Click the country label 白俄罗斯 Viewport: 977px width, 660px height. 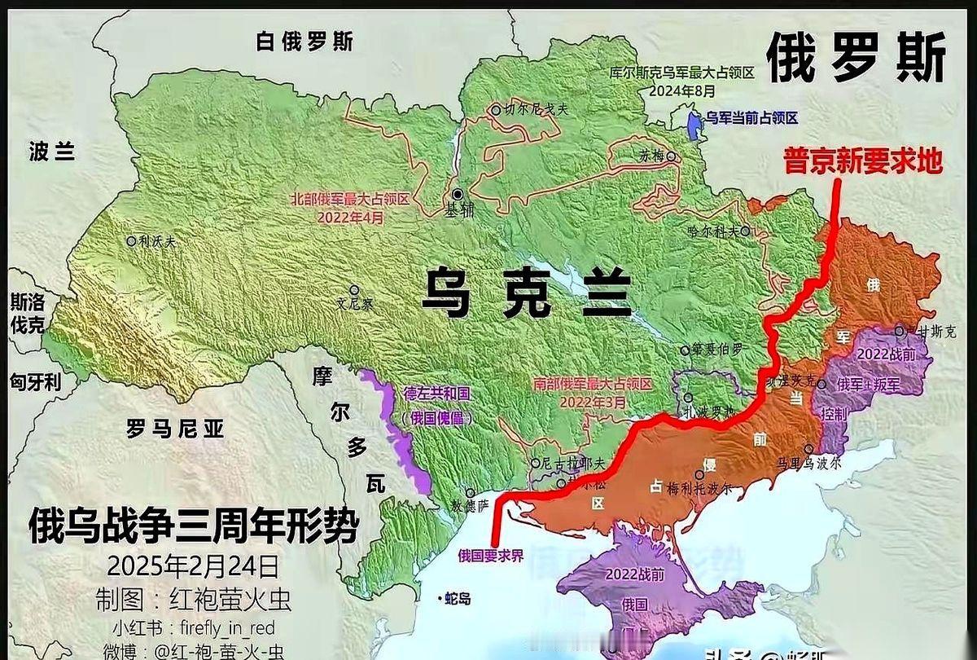tap(304, 42)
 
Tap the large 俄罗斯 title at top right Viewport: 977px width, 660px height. tap(857, 59)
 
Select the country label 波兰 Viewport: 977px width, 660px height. tap(52, 152)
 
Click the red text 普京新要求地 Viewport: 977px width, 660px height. tap(862, 161)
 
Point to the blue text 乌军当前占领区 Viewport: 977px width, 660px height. tap(751, 118)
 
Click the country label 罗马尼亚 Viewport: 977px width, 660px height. tap(175, 429)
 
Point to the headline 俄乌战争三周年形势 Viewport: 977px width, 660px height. tap(193, 526)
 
